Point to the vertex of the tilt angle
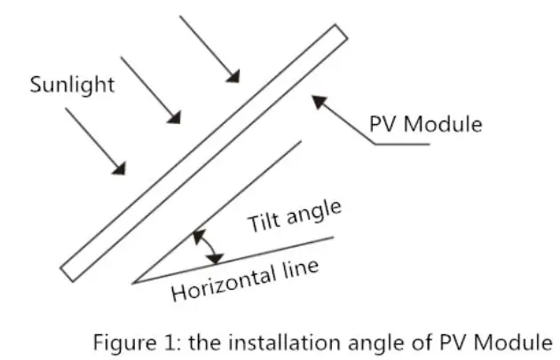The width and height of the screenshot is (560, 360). (x=133, y=283)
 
